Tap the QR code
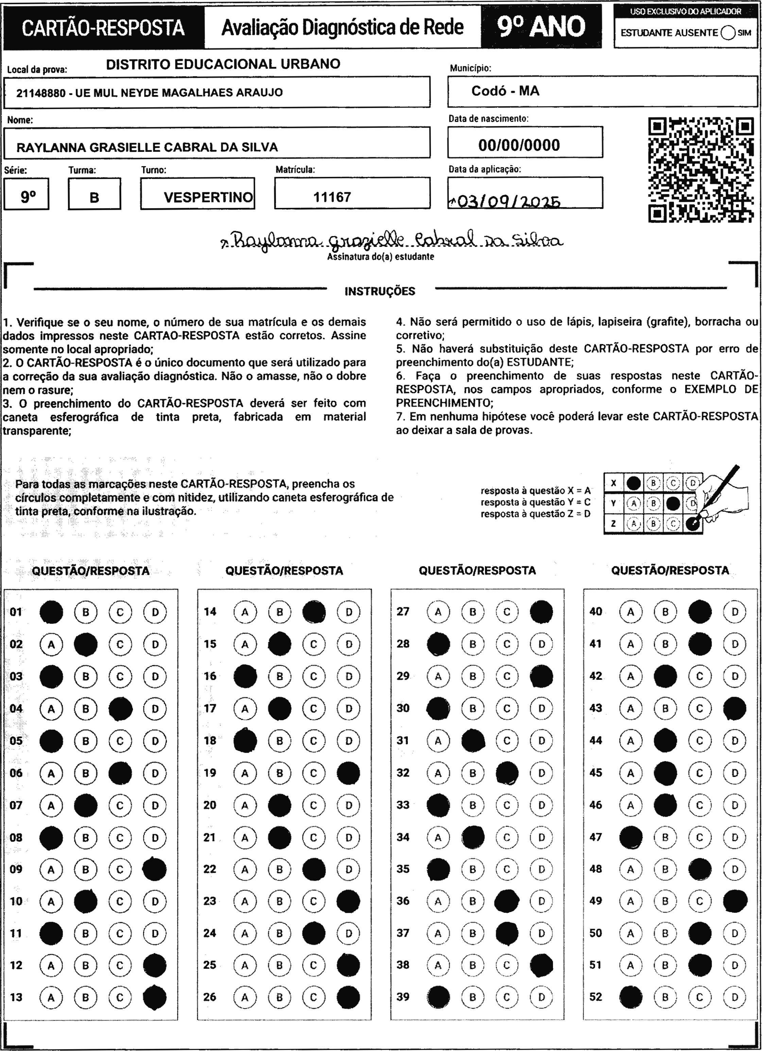pyautogui.click(x=700, y=170)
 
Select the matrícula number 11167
pyautogui.click(x=332, y=197)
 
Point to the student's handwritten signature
pyautogui.click(x=392, y=240)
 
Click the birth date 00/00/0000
pyautogui.click(x=519, y=145)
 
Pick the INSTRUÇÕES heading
pyautogui.click(x=380, y=291)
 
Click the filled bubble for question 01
pyautogui.click(x=51, y=612)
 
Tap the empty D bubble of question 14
pyautogui.click(x=349, y=612)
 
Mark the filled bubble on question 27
pyautogui.click(x=541, y=612)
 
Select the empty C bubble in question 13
pyautogui.click(x=120, y=997)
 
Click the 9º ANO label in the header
pyautogui.click(x=541, y=27)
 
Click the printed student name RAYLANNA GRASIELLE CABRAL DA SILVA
pyautogui.click(x=147, y=147)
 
